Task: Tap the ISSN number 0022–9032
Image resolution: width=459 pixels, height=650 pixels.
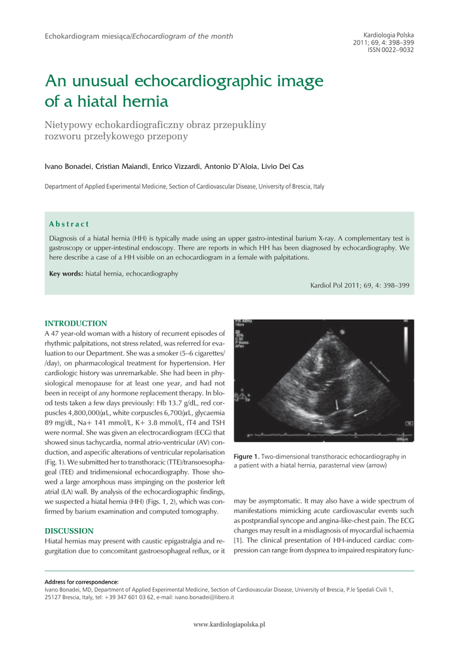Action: tap(397, 50)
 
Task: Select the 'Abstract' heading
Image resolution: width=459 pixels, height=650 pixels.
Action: tap(69, 224)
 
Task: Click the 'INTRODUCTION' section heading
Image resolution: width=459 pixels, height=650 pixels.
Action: tap(75, 324)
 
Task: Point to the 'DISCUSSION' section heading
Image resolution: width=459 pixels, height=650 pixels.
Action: tap(69, 531)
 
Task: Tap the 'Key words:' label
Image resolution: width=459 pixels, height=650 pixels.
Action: tap(66, 274)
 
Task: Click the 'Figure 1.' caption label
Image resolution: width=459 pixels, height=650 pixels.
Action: tap(247, 456)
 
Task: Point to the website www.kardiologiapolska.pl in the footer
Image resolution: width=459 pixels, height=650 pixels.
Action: tap(229, 625)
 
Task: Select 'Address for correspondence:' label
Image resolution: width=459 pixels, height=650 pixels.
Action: tap(81, 581)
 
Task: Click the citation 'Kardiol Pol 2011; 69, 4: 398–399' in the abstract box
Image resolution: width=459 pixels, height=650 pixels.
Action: tap(359, 286)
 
